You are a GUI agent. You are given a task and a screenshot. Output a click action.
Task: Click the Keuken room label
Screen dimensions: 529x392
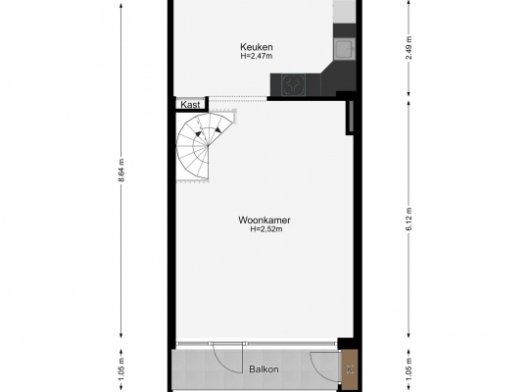[257, 47]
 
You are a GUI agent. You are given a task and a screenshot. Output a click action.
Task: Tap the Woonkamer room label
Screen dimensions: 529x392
[264, 220]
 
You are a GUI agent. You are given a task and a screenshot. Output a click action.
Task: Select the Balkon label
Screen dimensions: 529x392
[264, 369]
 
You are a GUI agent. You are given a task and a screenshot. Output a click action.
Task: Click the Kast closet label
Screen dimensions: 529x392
[190, 105]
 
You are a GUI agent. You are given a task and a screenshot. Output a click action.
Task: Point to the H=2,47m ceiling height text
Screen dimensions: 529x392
[257, 56]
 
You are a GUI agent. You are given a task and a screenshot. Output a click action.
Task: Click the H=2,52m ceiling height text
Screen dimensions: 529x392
[266, 229]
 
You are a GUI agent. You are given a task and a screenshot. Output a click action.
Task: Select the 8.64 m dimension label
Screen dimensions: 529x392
[121, 171]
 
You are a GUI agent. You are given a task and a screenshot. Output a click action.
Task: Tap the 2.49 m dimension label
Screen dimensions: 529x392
[409, 47]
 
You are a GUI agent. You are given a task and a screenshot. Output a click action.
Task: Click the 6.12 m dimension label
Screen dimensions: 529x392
[409, 220]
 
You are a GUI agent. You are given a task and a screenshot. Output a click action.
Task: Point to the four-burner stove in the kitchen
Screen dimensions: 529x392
[293, 84]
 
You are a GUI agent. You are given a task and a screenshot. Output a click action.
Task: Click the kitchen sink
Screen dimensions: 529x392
[345, 49]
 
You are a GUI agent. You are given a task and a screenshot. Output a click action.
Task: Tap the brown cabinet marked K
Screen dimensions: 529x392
[350, 369]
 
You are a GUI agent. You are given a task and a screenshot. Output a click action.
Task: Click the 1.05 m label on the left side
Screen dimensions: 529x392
[121, 369]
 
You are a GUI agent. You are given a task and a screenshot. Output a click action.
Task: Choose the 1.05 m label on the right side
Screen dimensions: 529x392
[409, 369]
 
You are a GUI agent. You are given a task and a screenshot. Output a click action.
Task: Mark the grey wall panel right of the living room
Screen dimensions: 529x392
[351, 117]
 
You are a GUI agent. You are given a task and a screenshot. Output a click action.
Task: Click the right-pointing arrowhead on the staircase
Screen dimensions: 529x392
[218, 129]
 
